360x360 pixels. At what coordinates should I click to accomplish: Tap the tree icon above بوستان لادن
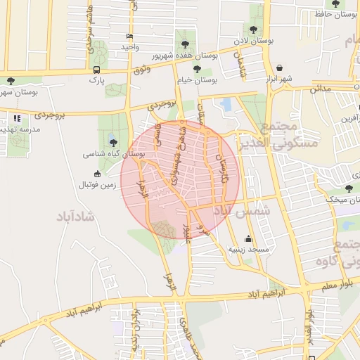(x=253, y=30)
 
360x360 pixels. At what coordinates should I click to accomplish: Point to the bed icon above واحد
(x=129, y=36)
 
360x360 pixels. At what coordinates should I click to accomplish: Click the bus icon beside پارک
(x=96, y=70)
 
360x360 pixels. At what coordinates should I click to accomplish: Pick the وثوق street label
(x=141, y=70)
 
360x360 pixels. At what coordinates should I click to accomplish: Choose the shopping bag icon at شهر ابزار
(x=281, y=68)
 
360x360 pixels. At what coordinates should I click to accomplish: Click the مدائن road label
(x=321, y=89)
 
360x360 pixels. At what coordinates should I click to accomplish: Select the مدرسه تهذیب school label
(x=20, y=129)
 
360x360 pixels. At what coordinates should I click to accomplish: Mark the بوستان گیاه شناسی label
(x=114, y=153)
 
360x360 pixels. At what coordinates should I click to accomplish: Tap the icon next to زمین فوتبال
(x=97, y=174)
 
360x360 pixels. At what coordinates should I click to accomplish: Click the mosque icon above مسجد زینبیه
(x=247, y=239)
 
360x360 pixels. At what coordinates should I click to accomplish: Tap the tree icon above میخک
(x=349, y=188)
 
